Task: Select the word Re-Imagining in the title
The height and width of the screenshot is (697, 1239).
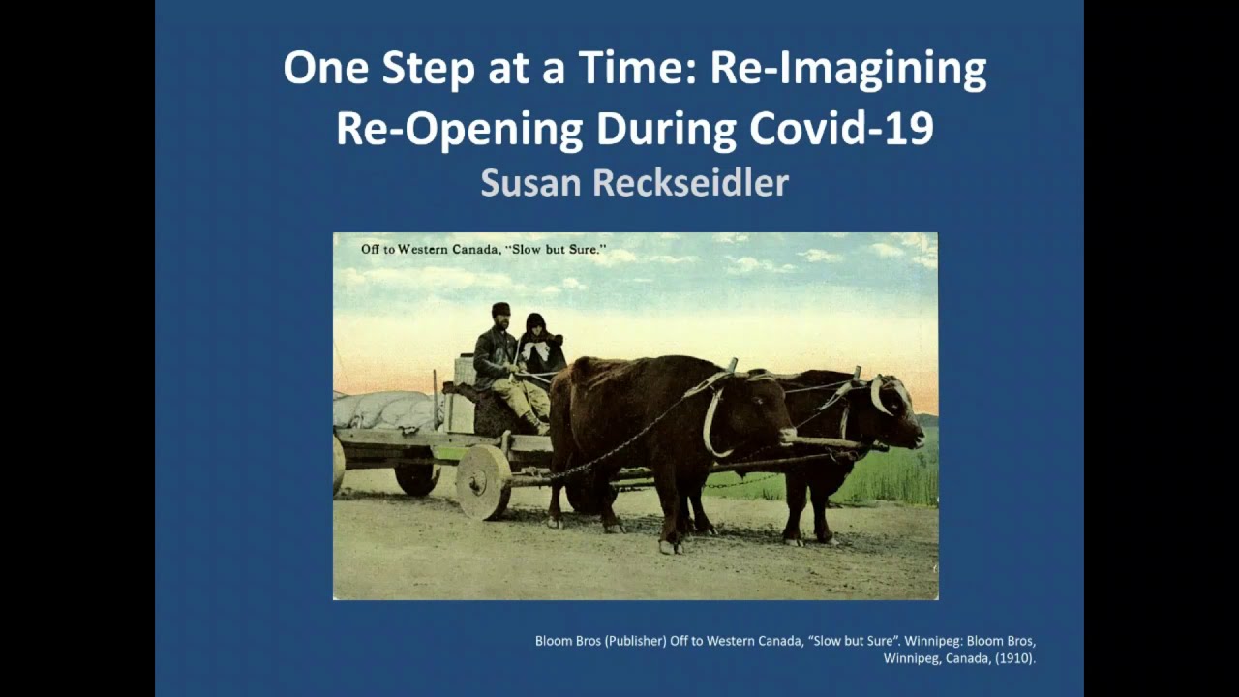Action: click(848, 70)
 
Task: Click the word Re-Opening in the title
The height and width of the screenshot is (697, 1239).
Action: click(460, 129)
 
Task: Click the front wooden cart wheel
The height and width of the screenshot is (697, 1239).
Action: click(482, 481)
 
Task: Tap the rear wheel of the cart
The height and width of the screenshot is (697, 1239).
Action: click(417, 477)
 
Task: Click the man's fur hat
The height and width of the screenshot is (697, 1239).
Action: click(500, 310)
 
